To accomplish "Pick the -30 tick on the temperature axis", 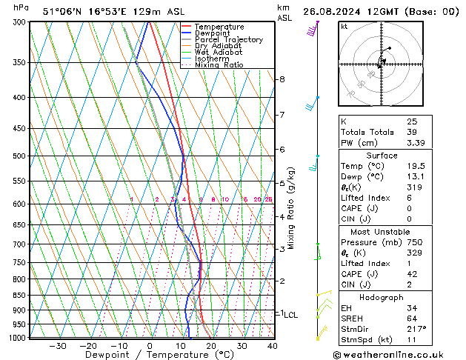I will tap(57, 345).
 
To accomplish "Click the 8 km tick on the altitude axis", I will tap(282, 79).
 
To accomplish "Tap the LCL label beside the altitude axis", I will tap(290, 314).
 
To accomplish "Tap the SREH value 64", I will tap(412, 319).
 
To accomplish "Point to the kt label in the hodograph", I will tap(344, 26).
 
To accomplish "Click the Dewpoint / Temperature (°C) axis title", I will tap(150, 356).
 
